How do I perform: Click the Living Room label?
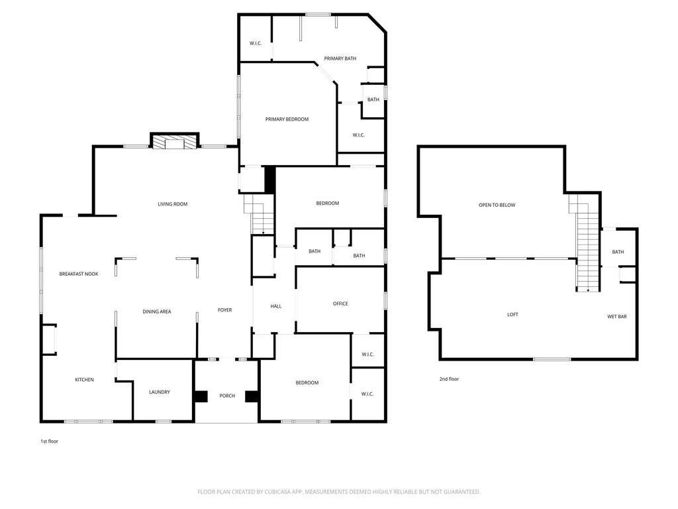tap(173, 204)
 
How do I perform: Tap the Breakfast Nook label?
tap(79, 274)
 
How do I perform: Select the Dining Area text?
tap(157, 311)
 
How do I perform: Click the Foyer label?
tap(225, 310)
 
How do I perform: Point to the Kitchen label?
tap(84, 380)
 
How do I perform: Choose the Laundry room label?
tap(160, 392)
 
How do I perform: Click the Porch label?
tap(228, 396)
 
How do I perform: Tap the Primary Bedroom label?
tap(287, 119)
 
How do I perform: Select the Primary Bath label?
tap(340, 58)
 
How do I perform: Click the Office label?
tap(341, 304)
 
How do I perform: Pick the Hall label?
tap(276, 306)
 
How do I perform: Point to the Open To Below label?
tap(497, 205)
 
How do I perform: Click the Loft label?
tap(513, 315)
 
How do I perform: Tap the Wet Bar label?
tap(617, 317)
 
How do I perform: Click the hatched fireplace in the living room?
tap(174, 143)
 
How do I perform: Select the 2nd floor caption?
tap(449, 379)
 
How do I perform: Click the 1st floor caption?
tap(49, 441)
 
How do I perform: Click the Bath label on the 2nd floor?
tap(618, 252)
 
